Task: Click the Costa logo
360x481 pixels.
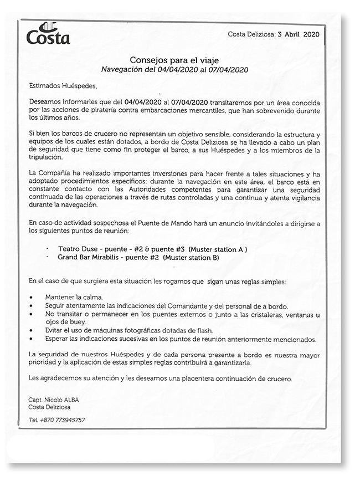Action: (x=48, y=34)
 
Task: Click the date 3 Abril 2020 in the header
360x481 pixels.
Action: (x=299, y=34)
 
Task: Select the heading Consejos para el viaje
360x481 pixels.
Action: (x=174, y=59)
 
